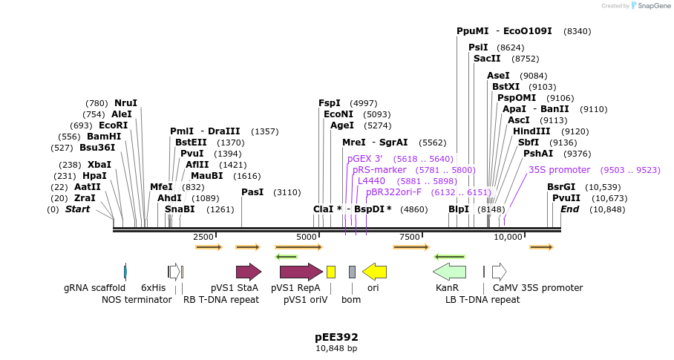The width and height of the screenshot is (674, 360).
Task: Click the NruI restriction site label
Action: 125,103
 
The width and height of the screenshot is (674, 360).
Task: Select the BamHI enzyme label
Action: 104,137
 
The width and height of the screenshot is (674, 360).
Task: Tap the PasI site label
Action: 252,192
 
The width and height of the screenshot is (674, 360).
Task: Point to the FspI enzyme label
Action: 329,103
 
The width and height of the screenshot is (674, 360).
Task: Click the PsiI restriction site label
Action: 478,48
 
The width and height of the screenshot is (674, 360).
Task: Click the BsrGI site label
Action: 561,187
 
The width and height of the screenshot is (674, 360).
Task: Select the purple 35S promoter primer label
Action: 559,170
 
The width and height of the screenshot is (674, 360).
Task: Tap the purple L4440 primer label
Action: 371,181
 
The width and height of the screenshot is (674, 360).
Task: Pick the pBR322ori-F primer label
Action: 393,192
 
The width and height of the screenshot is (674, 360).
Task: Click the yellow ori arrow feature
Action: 374,272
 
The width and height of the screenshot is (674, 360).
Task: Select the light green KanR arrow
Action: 449,272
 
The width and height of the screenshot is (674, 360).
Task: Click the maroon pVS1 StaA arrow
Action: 249,272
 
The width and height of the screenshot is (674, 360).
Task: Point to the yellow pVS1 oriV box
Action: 331,272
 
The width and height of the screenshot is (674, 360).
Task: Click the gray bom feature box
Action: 352,272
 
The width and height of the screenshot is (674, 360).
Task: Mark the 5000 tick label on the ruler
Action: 307,237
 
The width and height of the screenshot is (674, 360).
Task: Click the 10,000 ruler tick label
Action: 508,237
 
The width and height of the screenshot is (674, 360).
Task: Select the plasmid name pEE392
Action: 336,336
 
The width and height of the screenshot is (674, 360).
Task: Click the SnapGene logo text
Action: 654,6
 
